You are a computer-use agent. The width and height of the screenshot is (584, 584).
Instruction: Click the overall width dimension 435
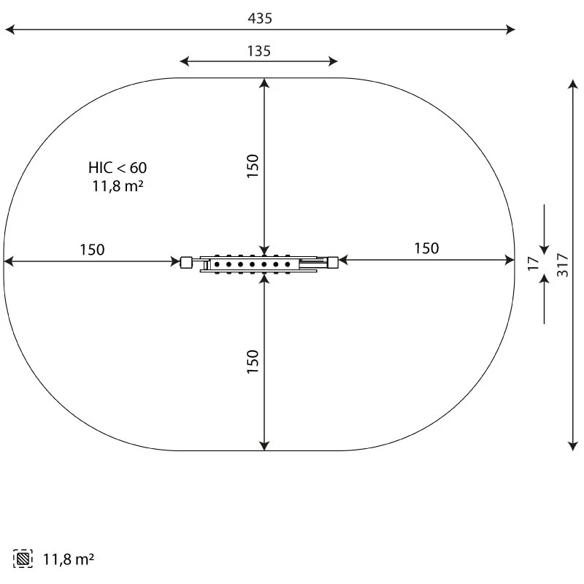[x=259, y=18]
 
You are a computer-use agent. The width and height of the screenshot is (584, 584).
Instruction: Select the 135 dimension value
[x=259, y=50]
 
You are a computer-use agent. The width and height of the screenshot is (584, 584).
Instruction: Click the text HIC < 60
[x=118, y=168]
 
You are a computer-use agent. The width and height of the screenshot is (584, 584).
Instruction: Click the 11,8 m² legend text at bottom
[x=69, y=560]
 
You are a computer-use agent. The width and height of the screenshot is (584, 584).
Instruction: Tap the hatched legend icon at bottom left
[x=23, y=559]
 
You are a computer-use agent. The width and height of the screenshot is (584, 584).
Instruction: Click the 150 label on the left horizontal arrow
[x=92, y=250]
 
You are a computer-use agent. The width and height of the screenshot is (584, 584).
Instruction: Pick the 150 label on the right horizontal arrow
[x=426, y=248]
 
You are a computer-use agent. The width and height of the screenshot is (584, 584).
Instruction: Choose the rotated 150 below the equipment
[x=253, y=362]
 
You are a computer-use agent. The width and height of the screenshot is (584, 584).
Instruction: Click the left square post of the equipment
[x=186, y=261]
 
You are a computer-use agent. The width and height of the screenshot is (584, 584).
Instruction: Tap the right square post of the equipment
[x=333, y=261]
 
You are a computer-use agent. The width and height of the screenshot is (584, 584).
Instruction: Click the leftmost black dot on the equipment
[x=217, y=264]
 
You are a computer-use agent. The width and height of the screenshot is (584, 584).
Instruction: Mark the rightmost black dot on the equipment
[x=288, y=264]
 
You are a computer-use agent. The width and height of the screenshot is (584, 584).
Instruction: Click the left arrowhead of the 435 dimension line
[x=9, y=30]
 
